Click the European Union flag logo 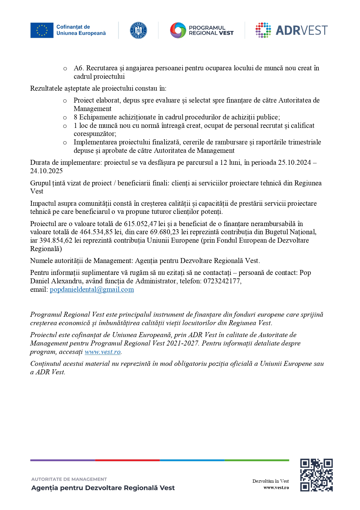42,30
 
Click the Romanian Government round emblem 138,30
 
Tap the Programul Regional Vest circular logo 178,30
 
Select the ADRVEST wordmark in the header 301,30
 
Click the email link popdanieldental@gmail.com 92,289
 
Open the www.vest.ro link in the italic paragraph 102,352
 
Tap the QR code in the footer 316,475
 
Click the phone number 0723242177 222,281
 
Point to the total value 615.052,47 140,224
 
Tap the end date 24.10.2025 46,171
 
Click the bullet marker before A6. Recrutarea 65,69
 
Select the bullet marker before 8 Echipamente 65,118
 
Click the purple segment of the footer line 62,460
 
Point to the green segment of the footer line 257,460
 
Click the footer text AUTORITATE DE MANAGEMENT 69,479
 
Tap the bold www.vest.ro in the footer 276,488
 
